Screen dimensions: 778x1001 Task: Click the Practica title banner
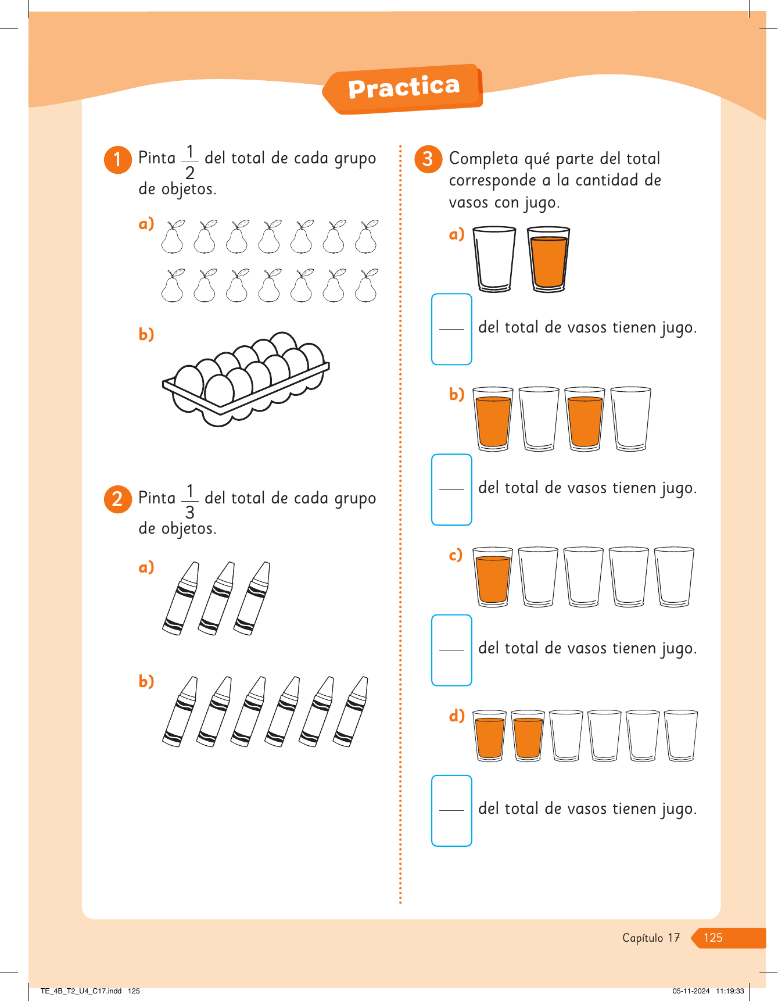403,88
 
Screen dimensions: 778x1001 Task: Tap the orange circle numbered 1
117,159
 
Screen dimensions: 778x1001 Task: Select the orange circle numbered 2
117,499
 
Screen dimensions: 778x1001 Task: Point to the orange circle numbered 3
428,159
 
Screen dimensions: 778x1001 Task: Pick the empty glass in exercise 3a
494,259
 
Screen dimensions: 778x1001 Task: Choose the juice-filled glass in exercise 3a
548,259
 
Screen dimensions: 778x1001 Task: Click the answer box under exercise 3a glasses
451,329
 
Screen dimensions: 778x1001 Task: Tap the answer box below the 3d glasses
451,810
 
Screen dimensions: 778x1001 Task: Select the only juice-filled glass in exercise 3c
493,577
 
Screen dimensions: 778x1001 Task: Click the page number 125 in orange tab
713,938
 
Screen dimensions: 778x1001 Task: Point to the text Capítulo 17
651,938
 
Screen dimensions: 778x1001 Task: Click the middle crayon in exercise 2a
216,598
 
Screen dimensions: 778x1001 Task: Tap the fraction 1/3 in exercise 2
190,501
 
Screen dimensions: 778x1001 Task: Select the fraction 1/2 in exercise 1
190,162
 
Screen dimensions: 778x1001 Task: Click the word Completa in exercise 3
483,159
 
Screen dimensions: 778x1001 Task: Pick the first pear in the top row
173,237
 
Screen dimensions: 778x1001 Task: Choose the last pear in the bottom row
366,285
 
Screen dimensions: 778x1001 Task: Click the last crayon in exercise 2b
351,712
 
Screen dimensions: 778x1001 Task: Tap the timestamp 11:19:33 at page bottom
730,991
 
